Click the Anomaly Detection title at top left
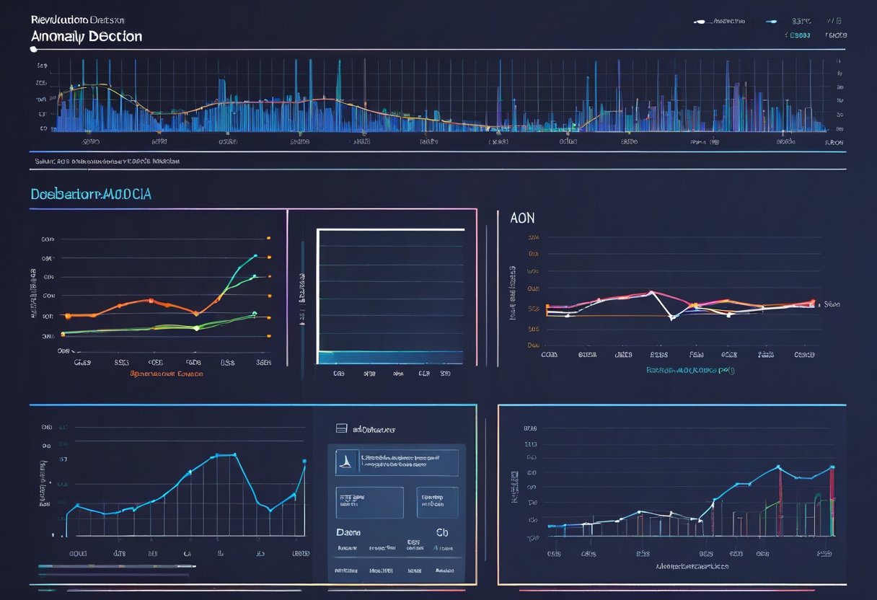pos(86,36)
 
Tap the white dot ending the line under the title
pos(33,49)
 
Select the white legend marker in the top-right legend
pos(697,22)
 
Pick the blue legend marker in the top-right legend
pos(772,22)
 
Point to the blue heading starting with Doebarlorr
pos(90,195)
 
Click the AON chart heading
pos(522,218)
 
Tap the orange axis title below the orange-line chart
pos(167,374)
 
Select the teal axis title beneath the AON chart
pos(690,370)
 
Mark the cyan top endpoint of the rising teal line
pos(255,256)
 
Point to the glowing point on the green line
pos(196,328)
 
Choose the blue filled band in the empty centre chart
pos(390,357)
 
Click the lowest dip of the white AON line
pos(671,317)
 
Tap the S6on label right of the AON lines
pos(833,305)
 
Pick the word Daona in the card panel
pos(349,532)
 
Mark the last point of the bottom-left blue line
pos(304,461)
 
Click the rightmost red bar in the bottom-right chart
pos(832,500)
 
